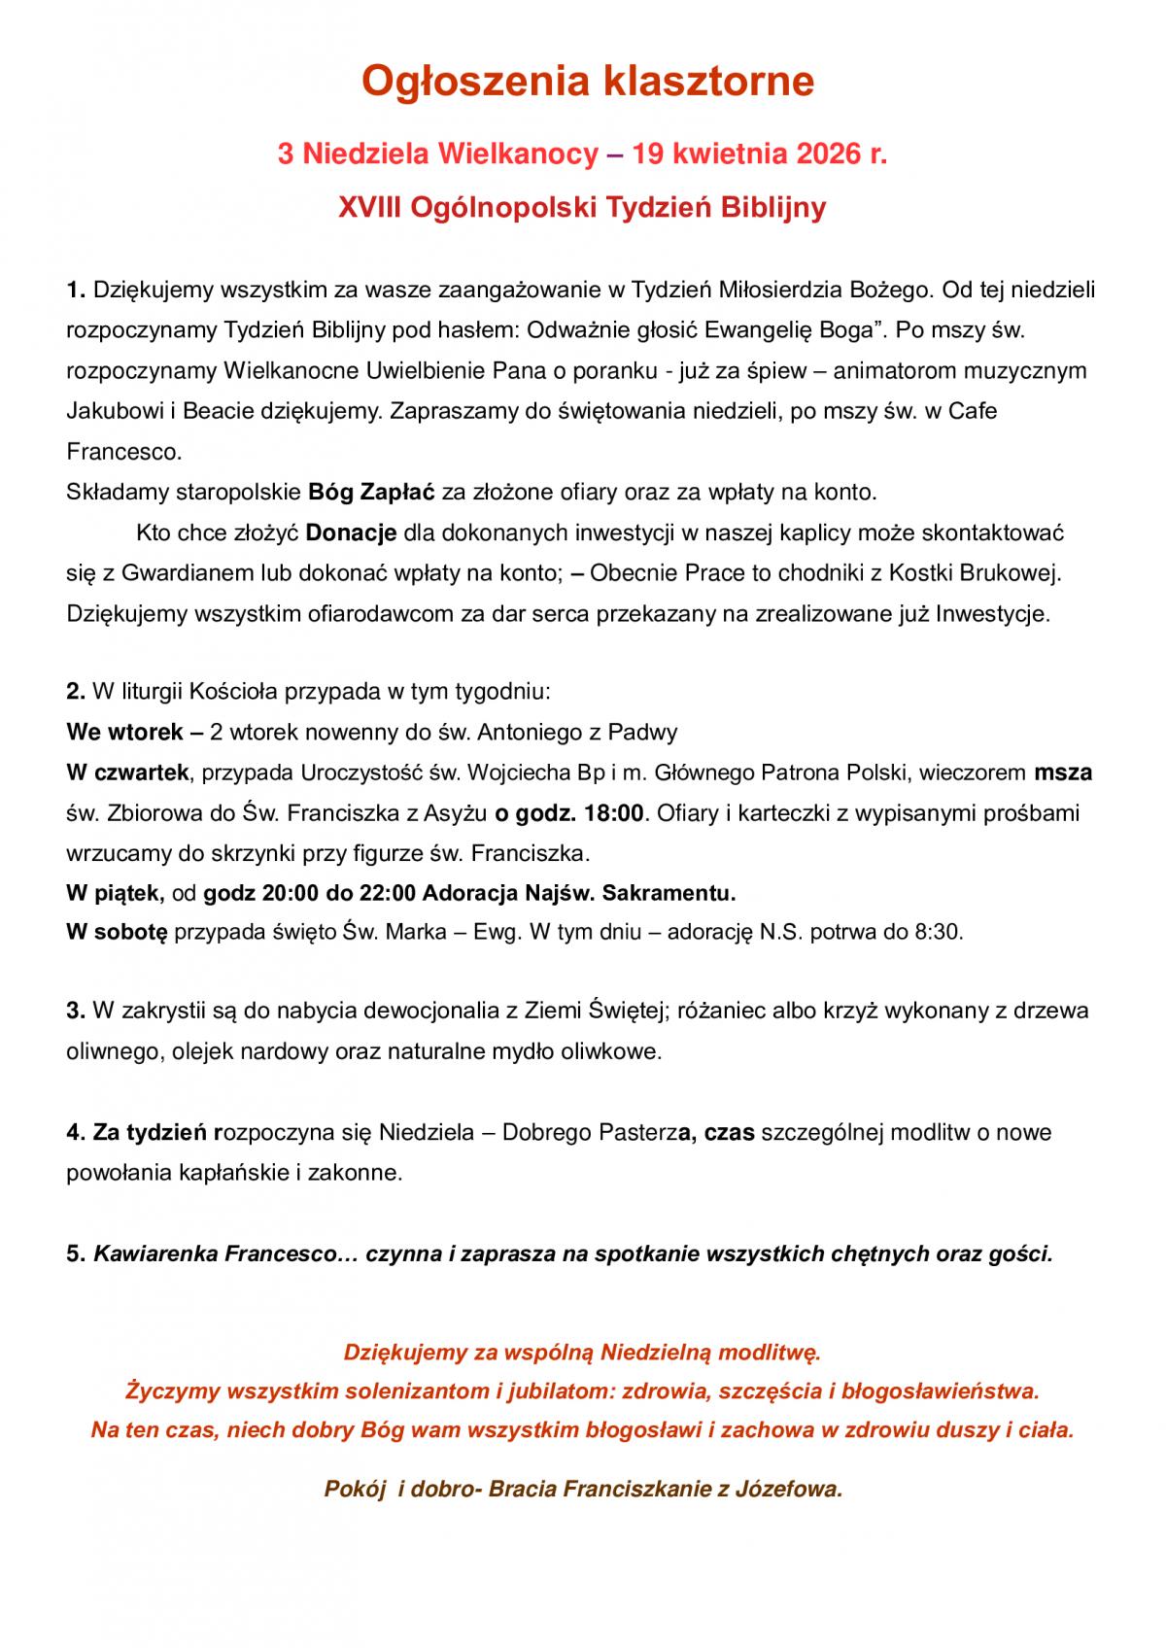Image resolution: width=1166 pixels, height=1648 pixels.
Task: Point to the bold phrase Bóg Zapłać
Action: point(372,492)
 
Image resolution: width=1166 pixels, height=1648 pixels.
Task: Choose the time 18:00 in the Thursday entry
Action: point(613,812)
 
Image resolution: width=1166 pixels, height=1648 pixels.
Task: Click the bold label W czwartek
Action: point(126,772)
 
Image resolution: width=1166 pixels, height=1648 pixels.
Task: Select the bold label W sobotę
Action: point(117,932)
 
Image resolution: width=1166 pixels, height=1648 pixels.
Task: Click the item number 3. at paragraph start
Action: point(77,1010)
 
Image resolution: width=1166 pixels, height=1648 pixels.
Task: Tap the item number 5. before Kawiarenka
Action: point(77,1253)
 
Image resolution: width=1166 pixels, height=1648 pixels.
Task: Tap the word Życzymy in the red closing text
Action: point(173,1390)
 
